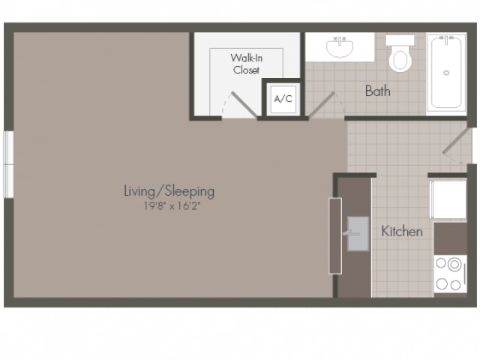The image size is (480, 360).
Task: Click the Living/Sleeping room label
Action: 169,191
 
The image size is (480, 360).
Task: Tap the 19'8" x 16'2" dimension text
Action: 172,205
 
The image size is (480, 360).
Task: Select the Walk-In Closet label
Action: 247,64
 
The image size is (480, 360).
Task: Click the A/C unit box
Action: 283,99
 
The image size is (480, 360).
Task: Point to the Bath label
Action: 378,91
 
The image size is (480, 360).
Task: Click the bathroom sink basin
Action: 340,48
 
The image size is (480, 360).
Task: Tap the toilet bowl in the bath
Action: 400,59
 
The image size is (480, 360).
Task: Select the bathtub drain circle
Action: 446,73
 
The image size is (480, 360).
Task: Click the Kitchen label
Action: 402,232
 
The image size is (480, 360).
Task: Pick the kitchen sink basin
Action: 358,234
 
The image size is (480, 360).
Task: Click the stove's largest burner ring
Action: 454,265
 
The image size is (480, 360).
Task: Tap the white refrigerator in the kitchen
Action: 448,199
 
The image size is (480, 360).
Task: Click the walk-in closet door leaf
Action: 244,105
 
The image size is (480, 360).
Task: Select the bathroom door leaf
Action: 322,105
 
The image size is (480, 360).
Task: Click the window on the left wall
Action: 8,164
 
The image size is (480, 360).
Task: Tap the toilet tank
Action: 400,40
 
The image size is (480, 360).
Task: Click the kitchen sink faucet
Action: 351,233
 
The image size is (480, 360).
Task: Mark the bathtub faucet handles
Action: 446,38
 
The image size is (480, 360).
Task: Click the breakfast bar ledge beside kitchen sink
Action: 335,235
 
